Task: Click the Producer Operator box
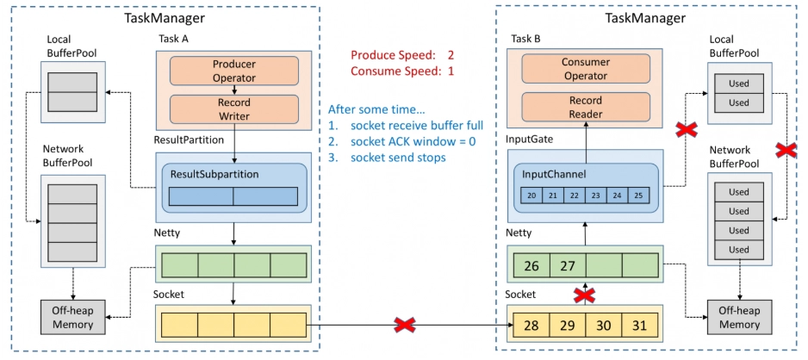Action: (x=234, y=71)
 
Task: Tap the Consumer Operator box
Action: (x=584, y=69)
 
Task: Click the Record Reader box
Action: (x=584, y=107)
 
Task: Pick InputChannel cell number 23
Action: (x=596, y=196)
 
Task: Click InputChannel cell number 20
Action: (x=531, y=196)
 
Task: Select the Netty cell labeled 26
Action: (x=531, y=266)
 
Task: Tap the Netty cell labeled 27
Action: (x=568, y=266)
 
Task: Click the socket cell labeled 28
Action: (x=531, y=326)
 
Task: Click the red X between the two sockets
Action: (x=405, y=325)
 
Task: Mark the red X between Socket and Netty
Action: (x=585, y=295)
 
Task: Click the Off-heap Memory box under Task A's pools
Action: (x=72, y=317)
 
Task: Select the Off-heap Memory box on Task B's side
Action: (x=739, y=317)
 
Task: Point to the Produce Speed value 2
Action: (x=451, y=55)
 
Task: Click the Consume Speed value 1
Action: (x=451, y=71)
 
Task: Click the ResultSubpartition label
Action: (x=214, y=174)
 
